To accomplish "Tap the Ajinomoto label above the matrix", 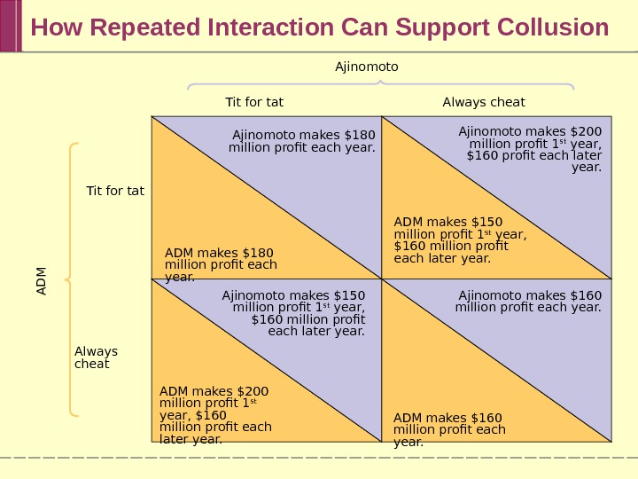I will pos(367,67).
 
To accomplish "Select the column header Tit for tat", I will pos(254,102).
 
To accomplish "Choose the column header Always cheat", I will pos(484,102).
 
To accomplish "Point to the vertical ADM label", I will pos(42,280).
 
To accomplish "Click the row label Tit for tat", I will pos(114,191).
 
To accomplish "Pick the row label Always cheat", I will pos(96,357).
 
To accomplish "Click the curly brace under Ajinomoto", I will pos(381,85).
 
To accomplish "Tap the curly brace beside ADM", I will pos(71,279).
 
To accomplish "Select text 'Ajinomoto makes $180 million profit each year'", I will pos(302,141).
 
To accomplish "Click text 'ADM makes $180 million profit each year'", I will pos(221,264).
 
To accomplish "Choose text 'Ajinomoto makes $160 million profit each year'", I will pos(529,302).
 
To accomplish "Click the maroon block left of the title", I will pos(10,26).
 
